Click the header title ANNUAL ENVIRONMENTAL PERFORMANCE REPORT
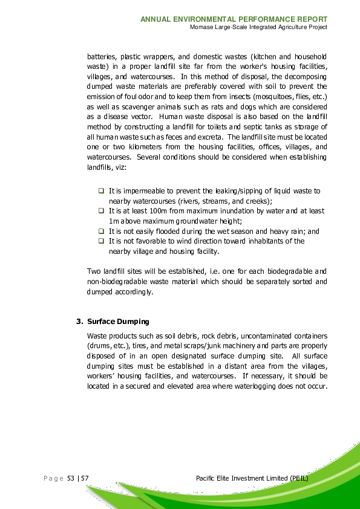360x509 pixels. pyautogui.click(x=234, y=19)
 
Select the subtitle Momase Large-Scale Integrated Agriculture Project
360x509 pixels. pyautogui.click(x=258, y=28)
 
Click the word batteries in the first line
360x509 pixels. pyautogui.click(x=103, y=55)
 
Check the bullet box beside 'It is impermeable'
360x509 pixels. pyautogui.click(x=101, y=191)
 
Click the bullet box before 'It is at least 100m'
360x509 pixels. pyautogui.click(x=101, y=211)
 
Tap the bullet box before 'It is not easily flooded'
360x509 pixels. pyautogui.click(x=101, y=232)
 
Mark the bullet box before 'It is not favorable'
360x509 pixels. pyautogui.click(x=101, y=241)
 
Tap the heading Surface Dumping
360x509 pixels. pyautogui.click(x=118, y=321)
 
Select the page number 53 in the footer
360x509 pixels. pyautogui.click(x=70, y=479)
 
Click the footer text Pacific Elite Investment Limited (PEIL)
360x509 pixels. pyautogui.click(x=253, y=479)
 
